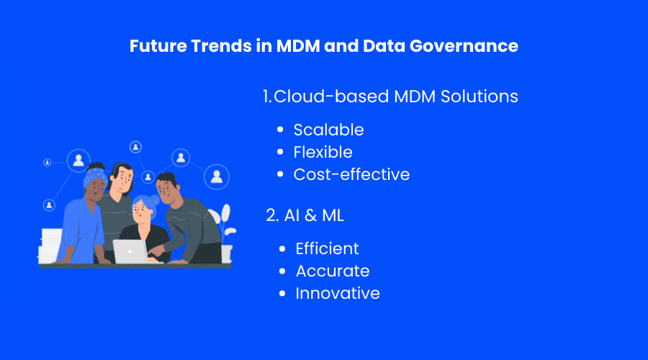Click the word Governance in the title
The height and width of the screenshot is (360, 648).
click(x=464, y=46)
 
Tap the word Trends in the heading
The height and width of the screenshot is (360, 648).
click(x=221, y=45)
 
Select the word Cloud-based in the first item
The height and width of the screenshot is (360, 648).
click(x=331, y=96)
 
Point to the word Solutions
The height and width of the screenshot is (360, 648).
click(x=479, y=96)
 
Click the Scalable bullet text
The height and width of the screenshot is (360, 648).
click(x=328, y=130)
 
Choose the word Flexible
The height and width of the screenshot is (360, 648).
click(x=323, y=152)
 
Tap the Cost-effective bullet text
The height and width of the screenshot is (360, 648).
click(x=351, y=174)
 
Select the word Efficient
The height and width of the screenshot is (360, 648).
click(x=327, y=248)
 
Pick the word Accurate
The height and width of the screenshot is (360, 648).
click(x=333, y=271)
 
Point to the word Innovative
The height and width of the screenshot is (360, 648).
click(x=337, y=294)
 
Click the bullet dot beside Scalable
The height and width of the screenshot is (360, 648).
click(x=280, y=130)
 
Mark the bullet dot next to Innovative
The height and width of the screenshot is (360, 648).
click(x=282, y=294)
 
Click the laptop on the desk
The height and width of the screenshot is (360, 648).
click(x=130, y=251)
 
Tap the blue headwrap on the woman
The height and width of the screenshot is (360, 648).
click(x=94, y=175)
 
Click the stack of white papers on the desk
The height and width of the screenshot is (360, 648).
click(x=50, y=246)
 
